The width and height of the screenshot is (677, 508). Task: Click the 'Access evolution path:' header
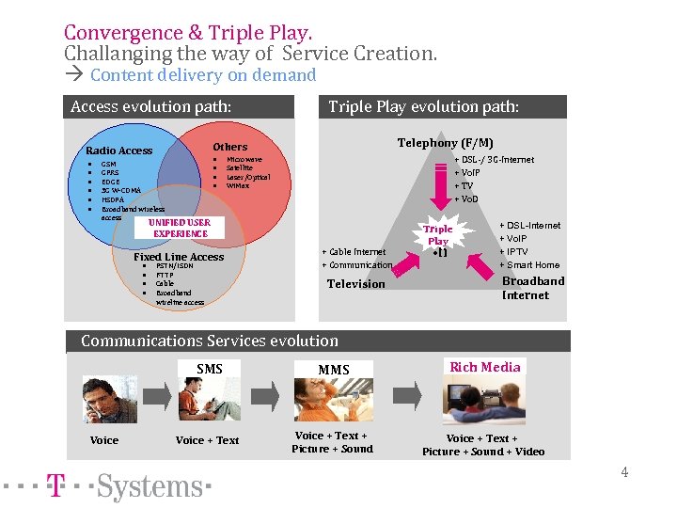coord(150,106)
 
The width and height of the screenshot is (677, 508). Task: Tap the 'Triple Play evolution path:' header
coord(423,106)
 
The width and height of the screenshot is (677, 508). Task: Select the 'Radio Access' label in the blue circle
coord(118,151)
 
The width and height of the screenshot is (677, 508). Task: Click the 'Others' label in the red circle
coord(229,147)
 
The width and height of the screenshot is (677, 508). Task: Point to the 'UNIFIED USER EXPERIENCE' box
coord(181,228)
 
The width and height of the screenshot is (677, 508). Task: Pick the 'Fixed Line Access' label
coord(179,257)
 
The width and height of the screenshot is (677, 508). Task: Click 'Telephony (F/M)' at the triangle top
coord(445,143)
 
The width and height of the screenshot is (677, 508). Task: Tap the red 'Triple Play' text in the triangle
coord(437,235)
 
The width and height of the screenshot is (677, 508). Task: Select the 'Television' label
coord(355,284)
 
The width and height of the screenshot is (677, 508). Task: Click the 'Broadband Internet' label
coord(532,288)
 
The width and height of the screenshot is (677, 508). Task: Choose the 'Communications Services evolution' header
coord(209,341)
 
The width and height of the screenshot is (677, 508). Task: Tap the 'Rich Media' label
coord(485,367)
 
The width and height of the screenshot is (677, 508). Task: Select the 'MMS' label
coord(333,370)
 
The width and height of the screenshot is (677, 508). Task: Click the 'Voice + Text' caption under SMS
coord(207,440)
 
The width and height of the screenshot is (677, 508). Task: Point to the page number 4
coord(623,472)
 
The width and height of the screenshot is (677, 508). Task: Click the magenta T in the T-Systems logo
coord(56,486)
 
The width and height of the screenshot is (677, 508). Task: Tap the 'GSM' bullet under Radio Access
coord(108,164)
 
